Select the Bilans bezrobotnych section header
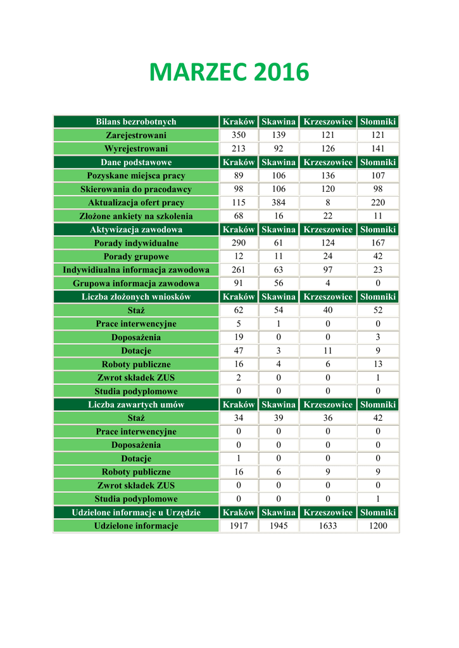(x=136, y=121)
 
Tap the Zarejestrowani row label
(x=136, y=135)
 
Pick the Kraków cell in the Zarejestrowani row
(x=238, y=135)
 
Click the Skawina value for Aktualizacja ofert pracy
(x=279, y=202)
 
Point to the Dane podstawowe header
(x=136, y=163)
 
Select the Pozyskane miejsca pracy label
(x=136, y=176)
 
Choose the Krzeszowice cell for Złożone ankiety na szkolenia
(x=328, y=216)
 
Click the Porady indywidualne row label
(x=136, y=243)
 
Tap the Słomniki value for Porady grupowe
(x=378, y=257)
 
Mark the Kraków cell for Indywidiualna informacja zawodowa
(x=238, y=270)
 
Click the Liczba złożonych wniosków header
(x=136, y=297)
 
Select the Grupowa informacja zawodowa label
(x=136, y=283)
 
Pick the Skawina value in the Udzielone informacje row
(x=279, y=526)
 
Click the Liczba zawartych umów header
(x=136, y=405)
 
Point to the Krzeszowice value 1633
(x=328, y=526)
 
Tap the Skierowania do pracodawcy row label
(x=136, y=189)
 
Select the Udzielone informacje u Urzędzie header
(x=136, y=513)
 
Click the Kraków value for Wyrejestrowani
(x=238, y=149)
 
